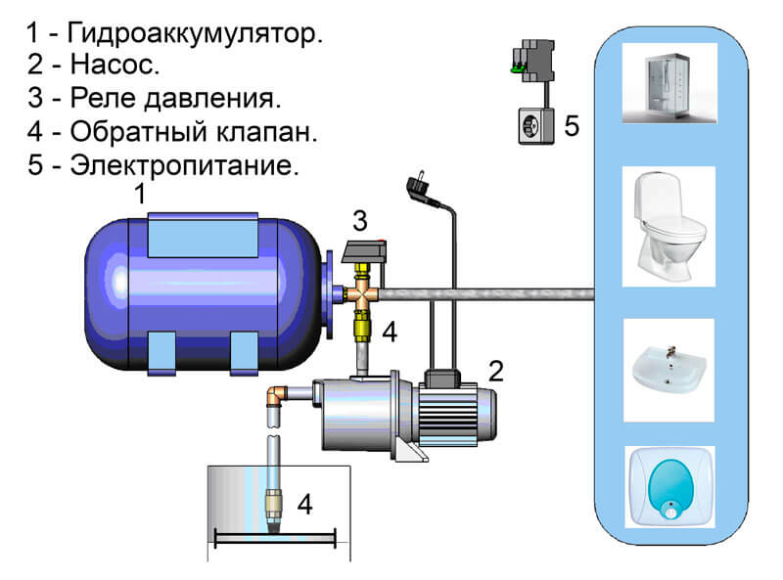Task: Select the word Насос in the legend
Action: pos(115,65)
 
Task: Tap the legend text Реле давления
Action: pos(175,98)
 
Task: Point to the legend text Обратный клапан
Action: pos(194,132)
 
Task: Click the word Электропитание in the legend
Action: pos(184,164)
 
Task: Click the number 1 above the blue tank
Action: pos(140,195)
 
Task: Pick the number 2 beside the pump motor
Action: pos(496,372)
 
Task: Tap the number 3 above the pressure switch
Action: pos(360,221)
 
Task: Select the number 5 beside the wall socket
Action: pos(572,126)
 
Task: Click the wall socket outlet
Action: pos(536,126)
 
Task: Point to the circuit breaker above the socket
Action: pos(532,61)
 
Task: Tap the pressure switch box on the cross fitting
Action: pos(364,252)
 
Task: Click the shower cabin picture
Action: pos(669,83)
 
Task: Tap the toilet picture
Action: pos(668,227)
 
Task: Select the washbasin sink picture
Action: pos(668,371)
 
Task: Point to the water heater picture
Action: pos(669,487)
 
